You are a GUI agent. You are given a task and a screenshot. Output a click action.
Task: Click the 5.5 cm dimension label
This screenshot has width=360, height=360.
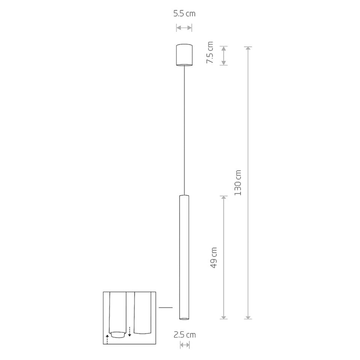184,13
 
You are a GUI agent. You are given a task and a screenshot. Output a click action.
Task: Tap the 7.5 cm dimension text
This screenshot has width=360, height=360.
210,53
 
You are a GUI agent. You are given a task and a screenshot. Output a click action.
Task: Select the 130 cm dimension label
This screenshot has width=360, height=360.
238,183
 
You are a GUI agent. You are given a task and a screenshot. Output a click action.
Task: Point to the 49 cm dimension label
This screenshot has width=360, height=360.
213,257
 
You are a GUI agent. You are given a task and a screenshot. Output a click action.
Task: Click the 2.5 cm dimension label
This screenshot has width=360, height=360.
184,335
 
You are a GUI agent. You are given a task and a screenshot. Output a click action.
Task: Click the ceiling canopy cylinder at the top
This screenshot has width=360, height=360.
184,55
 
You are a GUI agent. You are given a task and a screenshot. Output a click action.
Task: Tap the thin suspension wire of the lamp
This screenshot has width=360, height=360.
184,130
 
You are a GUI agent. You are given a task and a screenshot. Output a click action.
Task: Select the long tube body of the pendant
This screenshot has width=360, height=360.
184,257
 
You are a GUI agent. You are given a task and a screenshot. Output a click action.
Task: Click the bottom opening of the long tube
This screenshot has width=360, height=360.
184,319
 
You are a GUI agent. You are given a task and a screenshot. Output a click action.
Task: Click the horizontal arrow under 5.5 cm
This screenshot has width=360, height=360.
184,28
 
